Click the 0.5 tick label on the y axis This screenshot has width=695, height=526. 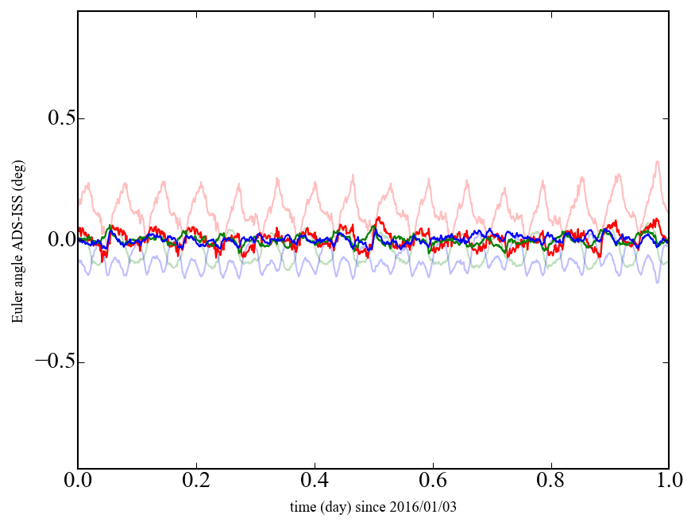55,118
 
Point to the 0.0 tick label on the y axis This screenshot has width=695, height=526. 55,240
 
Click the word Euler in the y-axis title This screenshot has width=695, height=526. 17,309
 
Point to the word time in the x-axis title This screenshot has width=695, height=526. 303,507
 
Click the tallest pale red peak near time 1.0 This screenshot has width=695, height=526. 657,162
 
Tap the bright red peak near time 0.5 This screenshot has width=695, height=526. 379,217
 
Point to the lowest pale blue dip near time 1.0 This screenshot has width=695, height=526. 657,282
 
